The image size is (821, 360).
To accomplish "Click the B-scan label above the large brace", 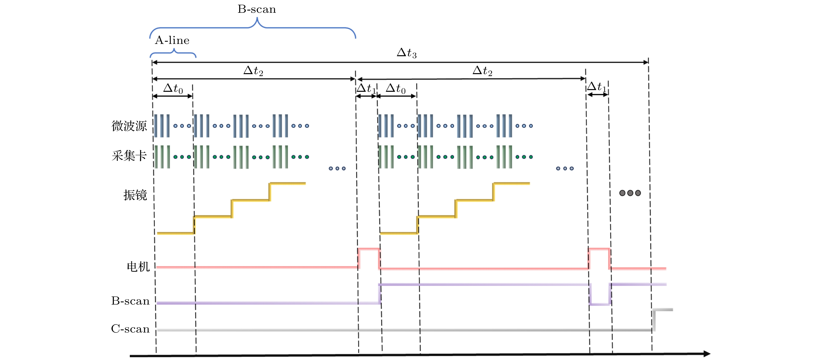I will pyautogui.click(x=257, y=9).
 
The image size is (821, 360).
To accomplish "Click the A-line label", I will pyautogui.click(x=172, y=40).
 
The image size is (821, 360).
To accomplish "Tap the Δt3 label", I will pyautogui.click(x=407, y=53).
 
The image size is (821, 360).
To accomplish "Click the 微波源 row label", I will pyautogui.click(x=129, y=126).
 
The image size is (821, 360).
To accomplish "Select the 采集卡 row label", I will pyautogui.click(x=129, y=156).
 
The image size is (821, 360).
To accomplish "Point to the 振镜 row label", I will pyautogui.click(x=135, y=195).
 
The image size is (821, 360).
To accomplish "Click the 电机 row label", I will pyautogui.click(x=138, y=267).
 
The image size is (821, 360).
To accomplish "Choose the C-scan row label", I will pyautogui.click(x=130, y=329).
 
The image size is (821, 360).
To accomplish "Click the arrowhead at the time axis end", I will pyautogui.click(x=707, y=354).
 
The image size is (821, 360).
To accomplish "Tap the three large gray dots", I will pyautogui.click(x=630, y=193).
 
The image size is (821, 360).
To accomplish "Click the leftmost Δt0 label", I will pyautogui.click(x=173, y=88).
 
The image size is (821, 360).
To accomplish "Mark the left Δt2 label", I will pyautogui.click(x=253, y=70).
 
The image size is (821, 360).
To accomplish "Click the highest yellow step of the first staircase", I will pyautogui.click(x=288, y=183).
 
